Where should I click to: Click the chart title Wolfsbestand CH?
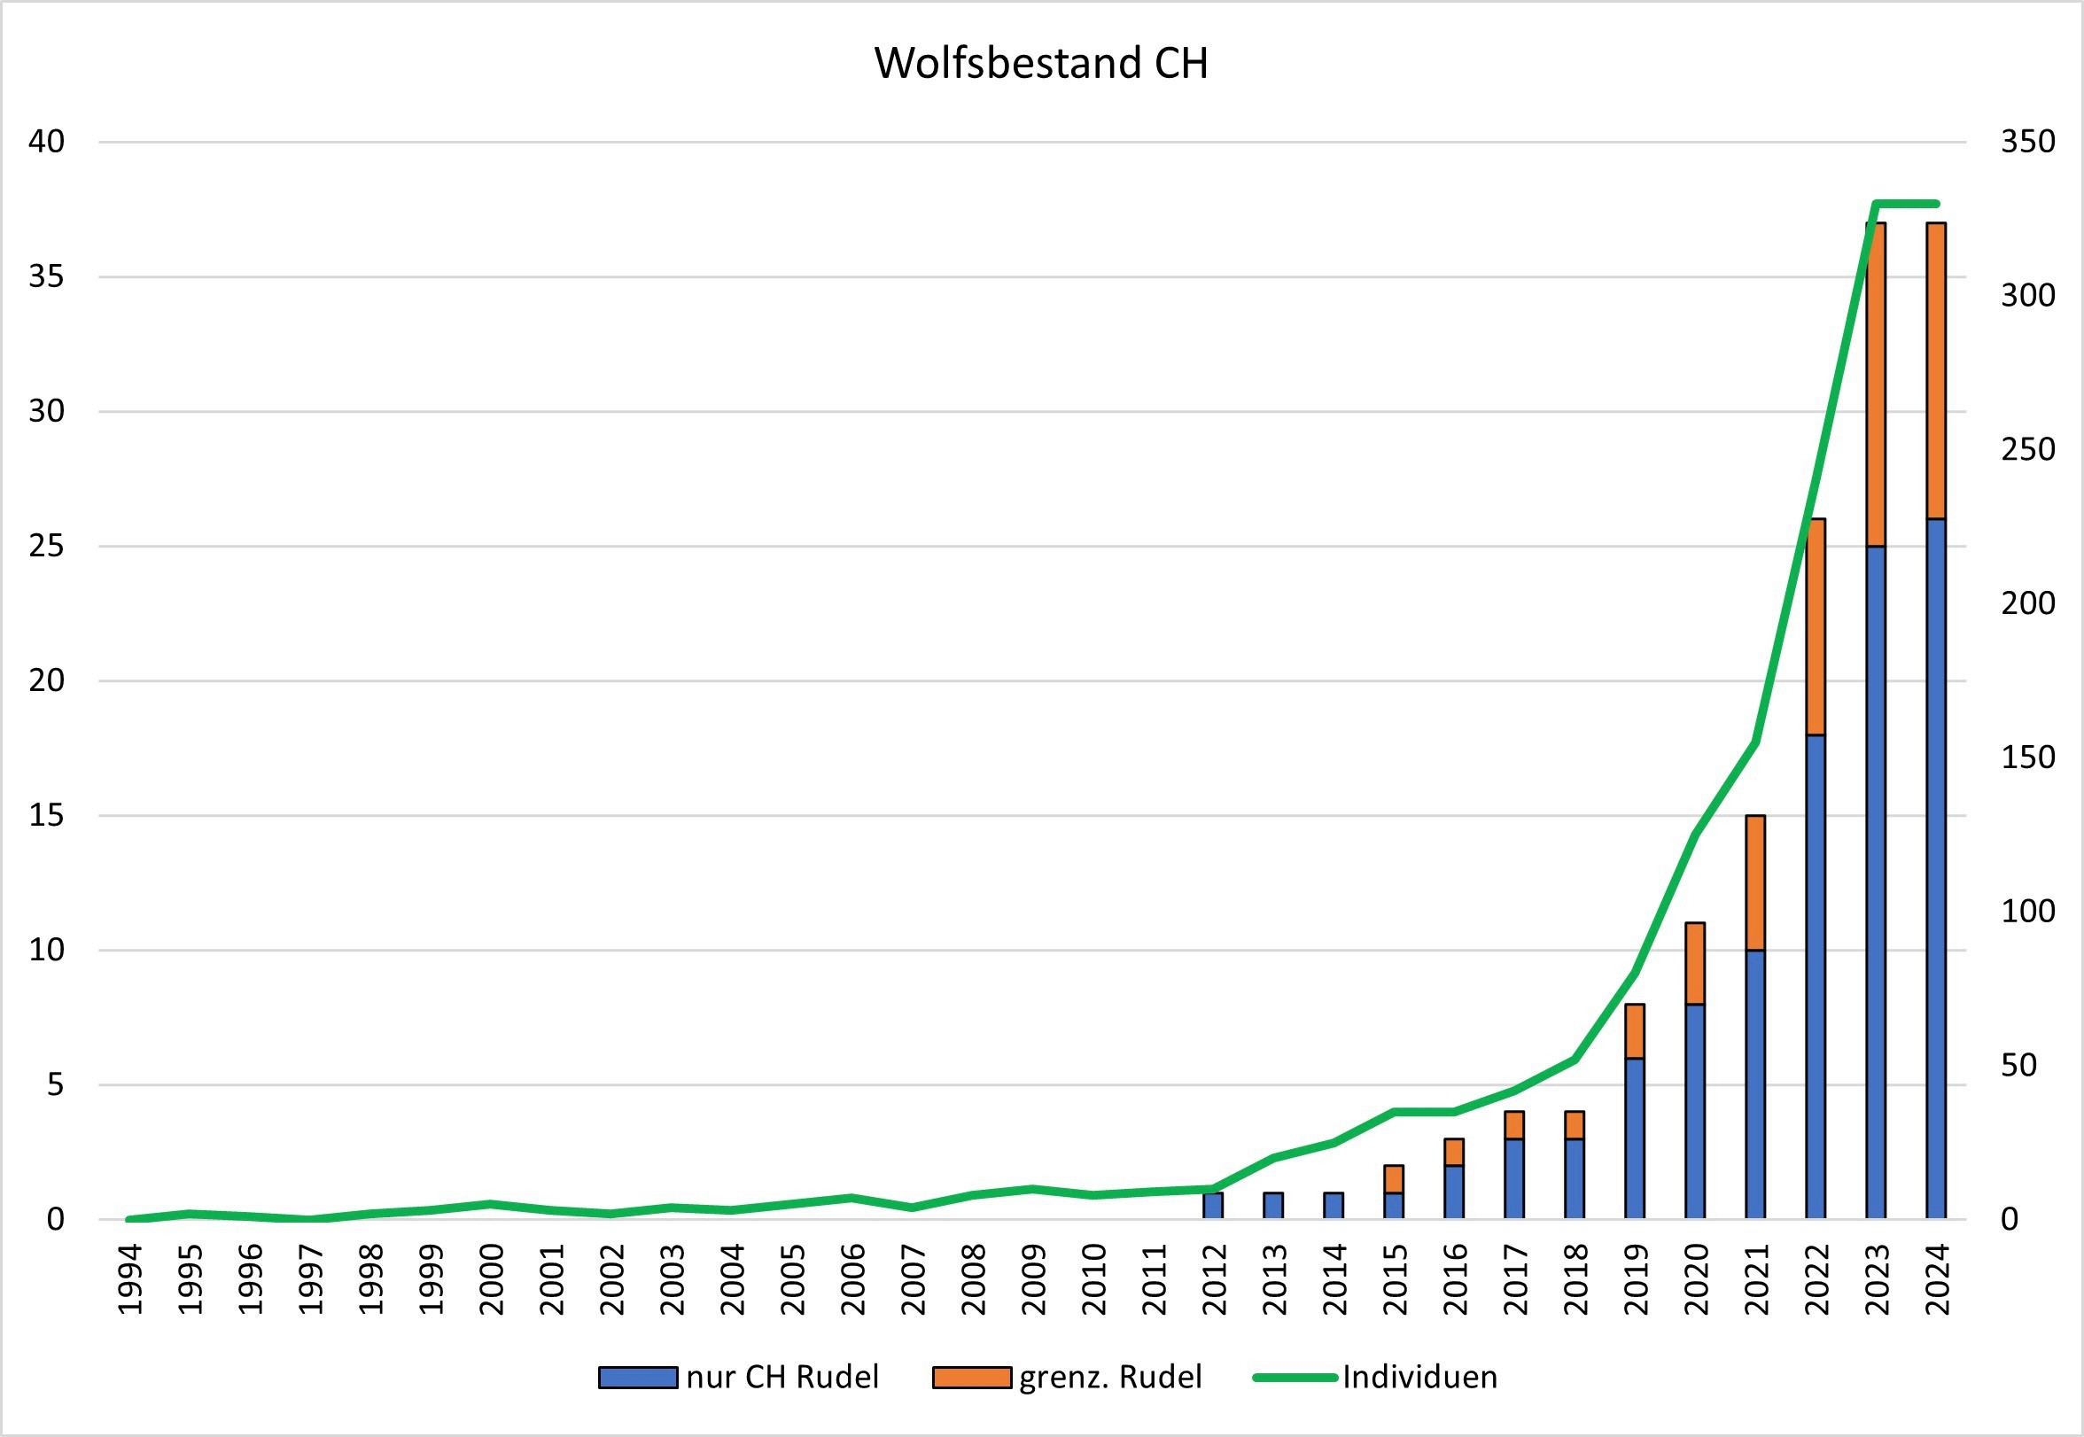pos(1040,64)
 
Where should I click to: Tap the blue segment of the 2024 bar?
pos(1935,869)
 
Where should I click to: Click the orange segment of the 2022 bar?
pos(1815,626)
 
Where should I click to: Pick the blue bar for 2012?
pos(1213,1206)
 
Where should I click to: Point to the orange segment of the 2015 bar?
pos(1394,1178)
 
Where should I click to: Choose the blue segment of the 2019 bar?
pos(1635,1138)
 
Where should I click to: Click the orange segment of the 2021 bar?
pos(1754,882)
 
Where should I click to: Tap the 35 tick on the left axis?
pos(47,276)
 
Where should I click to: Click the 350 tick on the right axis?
pos(2027,142)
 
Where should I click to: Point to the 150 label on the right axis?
pos(2027,757)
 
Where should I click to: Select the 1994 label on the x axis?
pos(130,1278)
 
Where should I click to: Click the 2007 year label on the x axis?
pos(913,1278)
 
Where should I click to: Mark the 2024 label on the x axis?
pos(1936,1278)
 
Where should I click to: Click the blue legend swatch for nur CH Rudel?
pos(637,1378)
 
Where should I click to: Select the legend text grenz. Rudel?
pos(1110,1378)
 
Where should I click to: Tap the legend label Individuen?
pos(1419,1378)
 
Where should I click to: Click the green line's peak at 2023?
pos(1875,204)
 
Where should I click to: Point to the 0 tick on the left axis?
pos(56,1219)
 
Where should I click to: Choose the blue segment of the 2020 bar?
pos(1694,1111)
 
